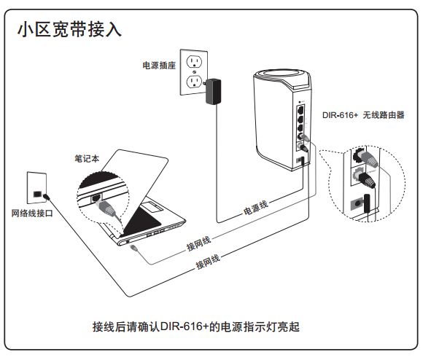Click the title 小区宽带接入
click(69, 29)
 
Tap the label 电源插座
click(159, 66)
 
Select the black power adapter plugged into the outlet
click(213, 91)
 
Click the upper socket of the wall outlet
click(194, 61)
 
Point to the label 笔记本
click(87, 158)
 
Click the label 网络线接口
click(32, 213)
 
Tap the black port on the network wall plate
click(37, 194)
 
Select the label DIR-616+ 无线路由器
click(363, 115)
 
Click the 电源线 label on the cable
click(256, 208)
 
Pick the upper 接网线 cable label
click(198, 243)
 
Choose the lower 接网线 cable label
click(208, 262)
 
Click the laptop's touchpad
click(152, 207)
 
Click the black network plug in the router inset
click(367, 181)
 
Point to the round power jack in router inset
click(357, 204)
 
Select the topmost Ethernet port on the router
click(300, 110)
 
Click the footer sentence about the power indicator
click(195, 326)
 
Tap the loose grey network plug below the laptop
click(134, 248)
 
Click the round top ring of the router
click(282, 75)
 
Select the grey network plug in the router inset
click(369, 160)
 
